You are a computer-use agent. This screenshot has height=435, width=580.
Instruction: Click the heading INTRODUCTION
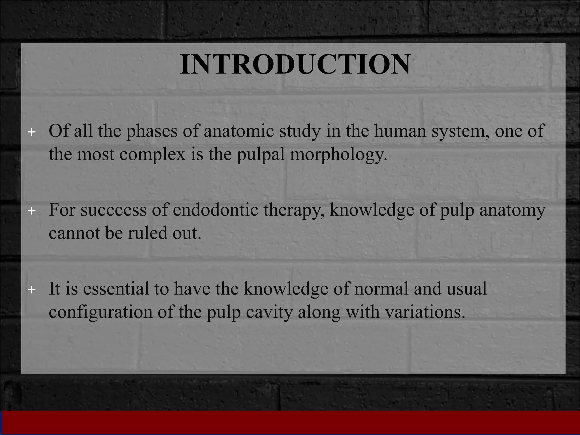coord(295,64)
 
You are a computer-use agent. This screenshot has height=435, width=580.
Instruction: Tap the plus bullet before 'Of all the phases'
coord(32,132)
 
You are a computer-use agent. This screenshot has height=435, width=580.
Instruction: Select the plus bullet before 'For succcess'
coord(32,211)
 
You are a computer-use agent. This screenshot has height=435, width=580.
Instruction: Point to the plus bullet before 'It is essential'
coord(32,290)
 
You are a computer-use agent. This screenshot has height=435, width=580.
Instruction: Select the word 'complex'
coord(152,155)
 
